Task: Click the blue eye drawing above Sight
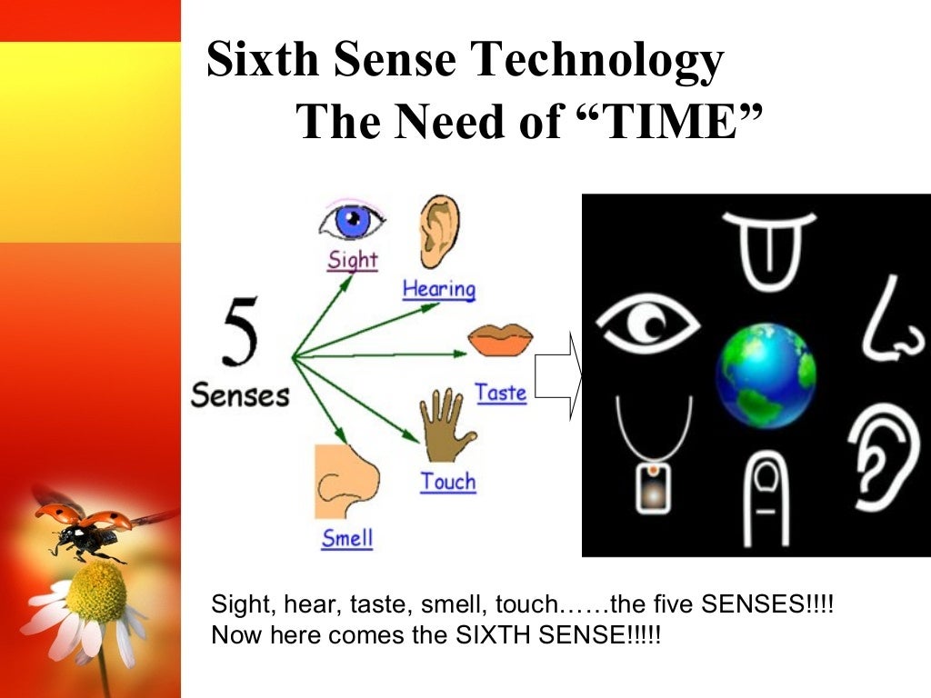click(351, 221)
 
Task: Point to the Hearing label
click(439, 290)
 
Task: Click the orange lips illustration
click(500, 340)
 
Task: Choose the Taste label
click(501, 394)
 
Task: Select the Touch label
click(447, 482)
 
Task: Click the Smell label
click(347, 538)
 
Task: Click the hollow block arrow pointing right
click(557, 376)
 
